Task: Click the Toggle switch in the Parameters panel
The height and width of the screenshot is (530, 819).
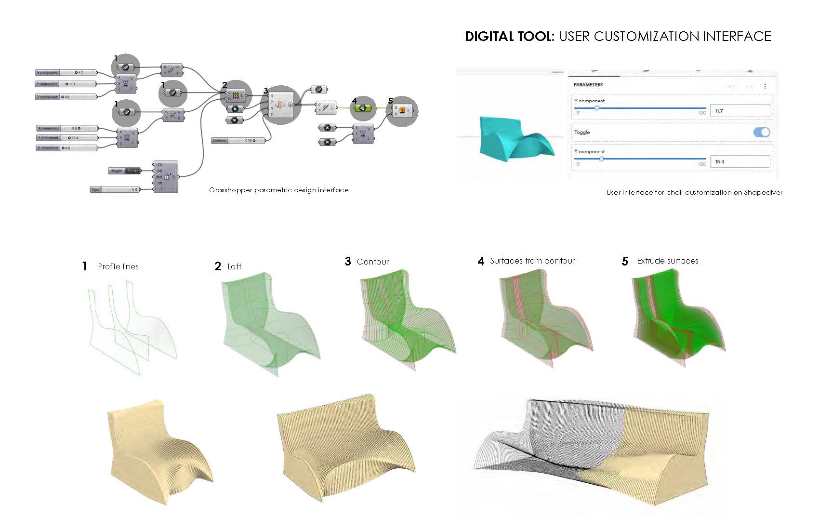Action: point(761,132)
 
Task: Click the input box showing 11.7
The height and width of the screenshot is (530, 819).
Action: point(740,111)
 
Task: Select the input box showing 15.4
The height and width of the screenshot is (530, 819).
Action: point(740,161)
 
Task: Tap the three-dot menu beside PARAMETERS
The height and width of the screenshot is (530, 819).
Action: point(765,86)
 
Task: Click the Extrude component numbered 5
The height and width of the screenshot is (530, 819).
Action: point(402,111)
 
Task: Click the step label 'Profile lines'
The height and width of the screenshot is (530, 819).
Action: point(118,266)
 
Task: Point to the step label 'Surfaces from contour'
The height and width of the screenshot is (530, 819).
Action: point(532,261)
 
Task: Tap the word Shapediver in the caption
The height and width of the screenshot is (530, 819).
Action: point(763,192)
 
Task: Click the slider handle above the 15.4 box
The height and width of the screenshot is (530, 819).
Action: point(601,159)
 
